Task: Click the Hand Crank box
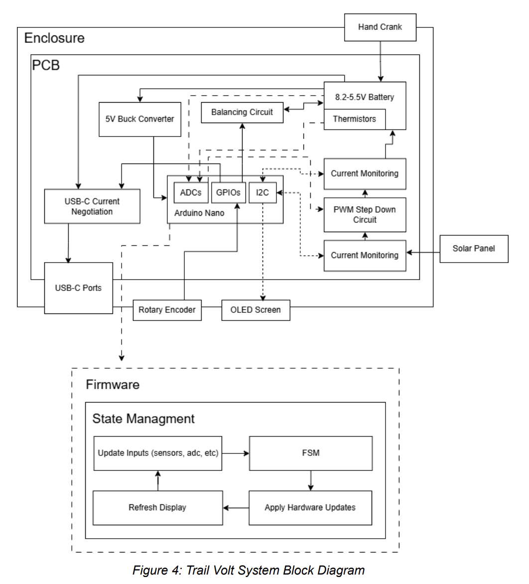coord(380,27)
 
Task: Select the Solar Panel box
coord(473,248)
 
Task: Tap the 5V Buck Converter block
coord(139,119)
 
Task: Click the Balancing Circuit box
coord(242,113)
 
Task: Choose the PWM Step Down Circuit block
coord(365,215)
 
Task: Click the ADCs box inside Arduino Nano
coord(190,193)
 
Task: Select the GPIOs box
coord(228,193)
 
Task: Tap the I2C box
coord(262,193)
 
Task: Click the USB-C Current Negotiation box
coord(92,206)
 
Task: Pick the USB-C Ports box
coord(78,288)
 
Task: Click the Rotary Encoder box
coord(167,310)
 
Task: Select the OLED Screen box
coord(255,310)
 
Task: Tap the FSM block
coord(310,453)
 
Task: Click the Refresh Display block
coord(157,508)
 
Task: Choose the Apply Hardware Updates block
coord(310,508)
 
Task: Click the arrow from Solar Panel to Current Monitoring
coord(423,253)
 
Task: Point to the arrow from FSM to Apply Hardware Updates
coord(310,480)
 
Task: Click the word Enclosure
coord(54,38)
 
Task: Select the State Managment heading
coord(143,419)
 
